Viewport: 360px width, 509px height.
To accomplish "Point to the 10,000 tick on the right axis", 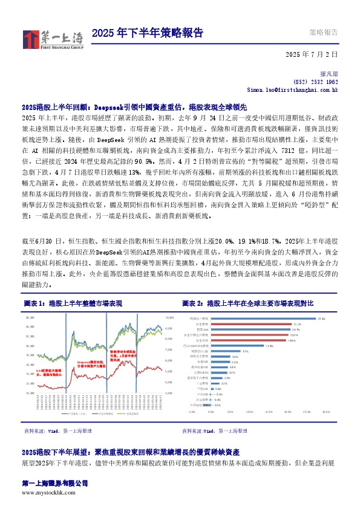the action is (169, 316).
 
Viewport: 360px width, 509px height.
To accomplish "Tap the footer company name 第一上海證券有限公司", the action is (54, 484).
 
